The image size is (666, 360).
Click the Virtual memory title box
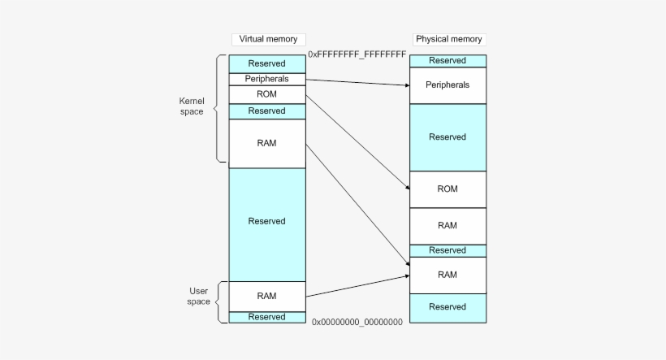[x=266, y=39]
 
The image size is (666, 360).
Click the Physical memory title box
[x=448, y=39]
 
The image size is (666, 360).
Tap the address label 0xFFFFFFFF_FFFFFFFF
[x=357, y=54]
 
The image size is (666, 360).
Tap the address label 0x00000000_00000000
[x=357, y=322]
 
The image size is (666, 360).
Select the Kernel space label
[x=192, y=106]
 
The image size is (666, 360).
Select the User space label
[x=199, y=296]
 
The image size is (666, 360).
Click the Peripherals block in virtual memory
[x=266, y=79]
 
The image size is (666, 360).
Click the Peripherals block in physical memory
[x=448, y=85]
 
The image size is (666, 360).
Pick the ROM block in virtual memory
[x=266, y=94]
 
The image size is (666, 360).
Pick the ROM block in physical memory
[x=448, y=189]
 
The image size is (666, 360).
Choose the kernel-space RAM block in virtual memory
[x=266, y=143]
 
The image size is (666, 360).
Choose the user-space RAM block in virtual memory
[x=266, y=296]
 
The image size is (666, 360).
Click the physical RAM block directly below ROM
[x=448, y=226]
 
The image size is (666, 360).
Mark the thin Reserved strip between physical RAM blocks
[x=448, y=250]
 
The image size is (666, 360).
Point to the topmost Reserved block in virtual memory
[x=266, y=63]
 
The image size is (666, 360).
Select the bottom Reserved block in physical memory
[x=448, y=307]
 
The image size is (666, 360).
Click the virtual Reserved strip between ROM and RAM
[x=266, y=111]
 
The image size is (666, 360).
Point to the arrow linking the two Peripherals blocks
[x=357, y=81]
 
